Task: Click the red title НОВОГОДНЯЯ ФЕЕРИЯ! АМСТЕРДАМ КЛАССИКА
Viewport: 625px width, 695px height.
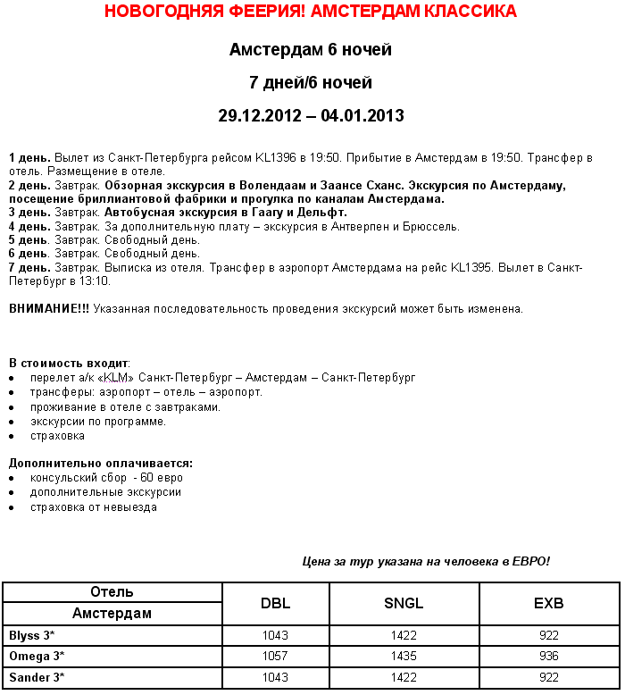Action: click(x=311, y=12)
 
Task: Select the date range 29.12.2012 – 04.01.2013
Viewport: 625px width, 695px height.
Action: click(x=311, y=115)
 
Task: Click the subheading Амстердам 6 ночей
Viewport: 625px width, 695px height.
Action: click(x=311, y=49)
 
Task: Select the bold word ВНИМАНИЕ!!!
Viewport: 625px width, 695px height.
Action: click(x=49, y=309)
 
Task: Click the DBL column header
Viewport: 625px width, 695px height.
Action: click(x=275, y=604)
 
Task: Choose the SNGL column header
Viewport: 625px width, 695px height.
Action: click(x=404, y=604)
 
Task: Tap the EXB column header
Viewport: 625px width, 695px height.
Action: click(x=549, y=604)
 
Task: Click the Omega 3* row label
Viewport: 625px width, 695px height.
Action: click(x=37, y=657)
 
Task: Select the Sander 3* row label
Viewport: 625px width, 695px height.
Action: click(x=37, y=678)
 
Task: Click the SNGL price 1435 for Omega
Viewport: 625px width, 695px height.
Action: click(x=404, y=657)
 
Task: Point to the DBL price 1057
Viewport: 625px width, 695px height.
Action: click(x=275, y=657)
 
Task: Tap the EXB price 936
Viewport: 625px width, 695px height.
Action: click(x=549, y=657)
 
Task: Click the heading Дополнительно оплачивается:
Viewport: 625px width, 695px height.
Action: click(x=101, y=464)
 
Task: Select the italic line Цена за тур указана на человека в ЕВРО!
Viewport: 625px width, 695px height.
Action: click(x=426, y=562)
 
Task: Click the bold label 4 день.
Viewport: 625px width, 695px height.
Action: click(x=29, y=227)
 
